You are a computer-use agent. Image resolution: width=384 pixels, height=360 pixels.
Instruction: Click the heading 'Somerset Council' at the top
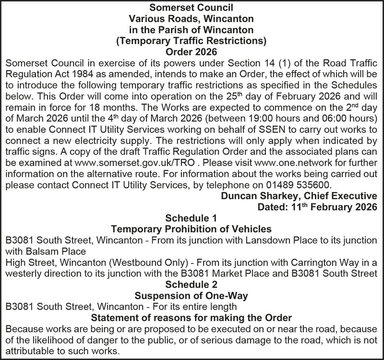coord(192,8)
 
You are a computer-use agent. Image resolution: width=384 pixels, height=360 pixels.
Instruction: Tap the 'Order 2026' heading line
coord(192,51)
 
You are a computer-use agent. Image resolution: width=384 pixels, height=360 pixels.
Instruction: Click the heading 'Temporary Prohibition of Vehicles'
coord(192,228)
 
